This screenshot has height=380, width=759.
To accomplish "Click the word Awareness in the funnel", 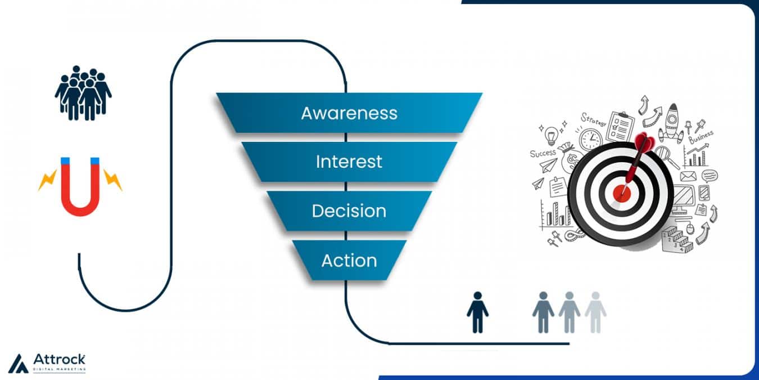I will tap(349, 113).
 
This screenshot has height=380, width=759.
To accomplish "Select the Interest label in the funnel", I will tap(349, 162).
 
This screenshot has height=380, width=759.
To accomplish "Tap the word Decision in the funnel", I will tap(349, 211).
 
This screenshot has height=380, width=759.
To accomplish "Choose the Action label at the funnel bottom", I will tap(349, 261).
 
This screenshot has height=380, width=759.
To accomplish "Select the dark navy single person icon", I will tap(477, 312).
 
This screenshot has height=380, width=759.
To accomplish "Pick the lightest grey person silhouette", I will tap(595, 312).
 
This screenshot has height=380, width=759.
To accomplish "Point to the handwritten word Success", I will tap(543, 153).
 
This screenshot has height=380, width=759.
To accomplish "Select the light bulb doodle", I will tap(552, 135).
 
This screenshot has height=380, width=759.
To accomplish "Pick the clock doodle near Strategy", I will tap(591, 139).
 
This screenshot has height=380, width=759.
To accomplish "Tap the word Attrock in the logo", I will tap(59, 359).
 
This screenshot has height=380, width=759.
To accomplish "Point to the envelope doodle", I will tap(688, 176).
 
